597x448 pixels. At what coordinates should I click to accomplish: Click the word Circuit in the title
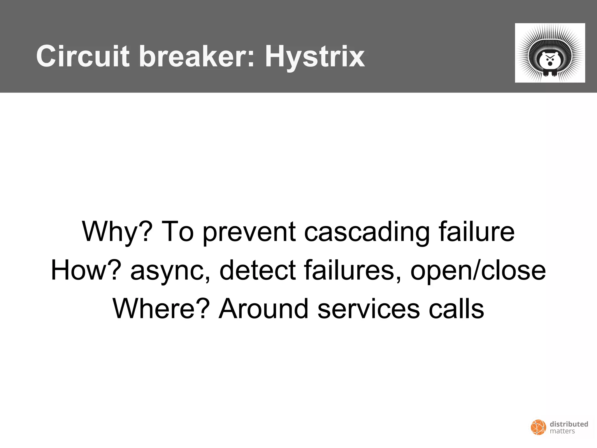[x=83, y=56]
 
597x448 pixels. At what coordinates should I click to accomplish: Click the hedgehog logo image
[x=550, y=53]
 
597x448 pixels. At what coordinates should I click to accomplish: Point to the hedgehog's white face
[x=550, y=60]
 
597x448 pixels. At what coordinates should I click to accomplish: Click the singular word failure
[x=477, y=232]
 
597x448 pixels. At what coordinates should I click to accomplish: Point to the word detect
[x=258, y=270]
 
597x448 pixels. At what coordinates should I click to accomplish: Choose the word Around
[x=263, y=309]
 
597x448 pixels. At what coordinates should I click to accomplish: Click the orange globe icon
[x=538, y=427]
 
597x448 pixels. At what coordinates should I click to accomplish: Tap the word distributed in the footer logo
[x=569, y=424]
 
